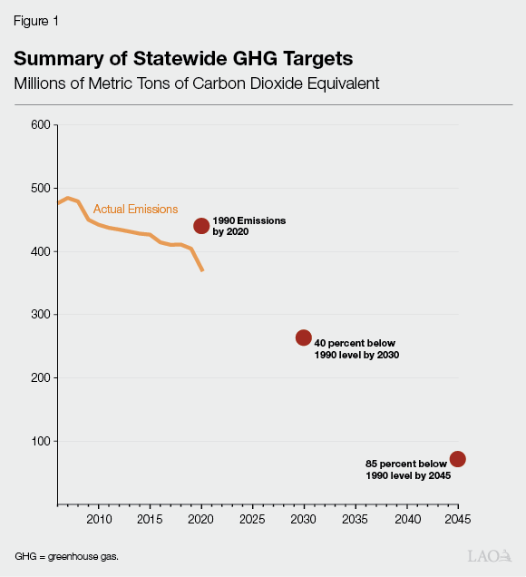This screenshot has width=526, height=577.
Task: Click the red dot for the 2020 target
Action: (x=201, y=226)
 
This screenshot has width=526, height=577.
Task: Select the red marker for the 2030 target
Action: (x=304, y=337)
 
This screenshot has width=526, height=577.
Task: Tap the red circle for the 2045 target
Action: (x=458, y=459)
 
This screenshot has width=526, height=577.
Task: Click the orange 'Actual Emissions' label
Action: (x=135, y=210)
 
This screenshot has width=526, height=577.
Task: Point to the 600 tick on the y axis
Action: (x=40, y=124)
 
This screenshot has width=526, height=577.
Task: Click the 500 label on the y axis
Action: (x=40, y=188)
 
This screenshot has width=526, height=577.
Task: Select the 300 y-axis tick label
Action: (x=40, y=314)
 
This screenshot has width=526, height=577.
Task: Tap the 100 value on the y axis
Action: (x=40, y=441)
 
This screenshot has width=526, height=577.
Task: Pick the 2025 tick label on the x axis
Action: (x=252, y=520)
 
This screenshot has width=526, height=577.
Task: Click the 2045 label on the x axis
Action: (x=458, y=520)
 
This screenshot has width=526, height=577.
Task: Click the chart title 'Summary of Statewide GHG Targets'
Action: (x=183, y=59)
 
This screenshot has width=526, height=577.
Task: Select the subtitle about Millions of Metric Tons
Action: (x=196, y=83)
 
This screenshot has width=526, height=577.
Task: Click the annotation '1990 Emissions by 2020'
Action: (x=238, y=227)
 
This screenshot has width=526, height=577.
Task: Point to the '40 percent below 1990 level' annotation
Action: (x=356, y=349)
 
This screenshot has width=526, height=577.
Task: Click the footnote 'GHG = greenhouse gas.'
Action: (x=66, y=554)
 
